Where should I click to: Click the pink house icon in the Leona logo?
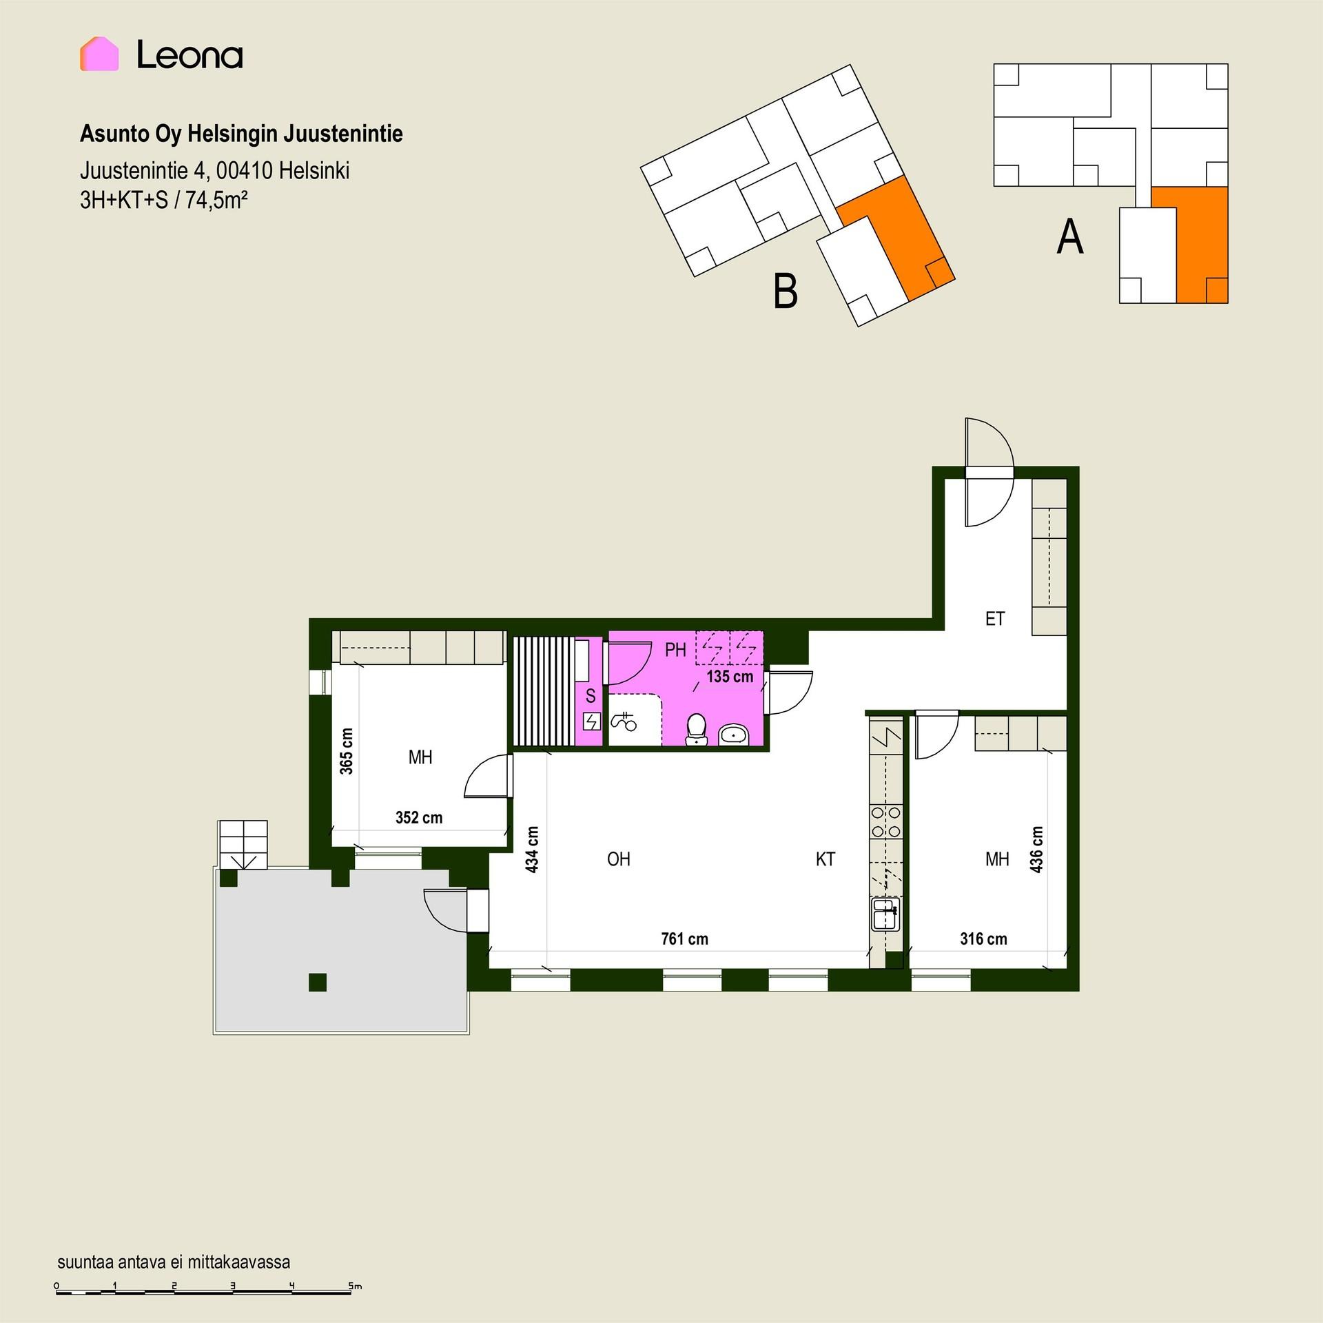99,54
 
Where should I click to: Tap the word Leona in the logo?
189,54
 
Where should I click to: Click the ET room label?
995,619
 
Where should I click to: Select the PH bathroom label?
675,649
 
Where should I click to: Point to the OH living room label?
619,859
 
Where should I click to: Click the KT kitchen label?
825,859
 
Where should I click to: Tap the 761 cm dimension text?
684,939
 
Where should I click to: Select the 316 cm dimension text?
983,939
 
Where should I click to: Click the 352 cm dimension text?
419,817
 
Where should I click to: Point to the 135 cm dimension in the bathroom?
730,676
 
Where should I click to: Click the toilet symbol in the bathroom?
696,730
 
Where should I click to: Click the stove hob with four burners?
886,822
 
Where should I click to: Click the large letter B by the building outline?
786,291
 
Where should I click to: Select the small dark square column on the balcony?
317,982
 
